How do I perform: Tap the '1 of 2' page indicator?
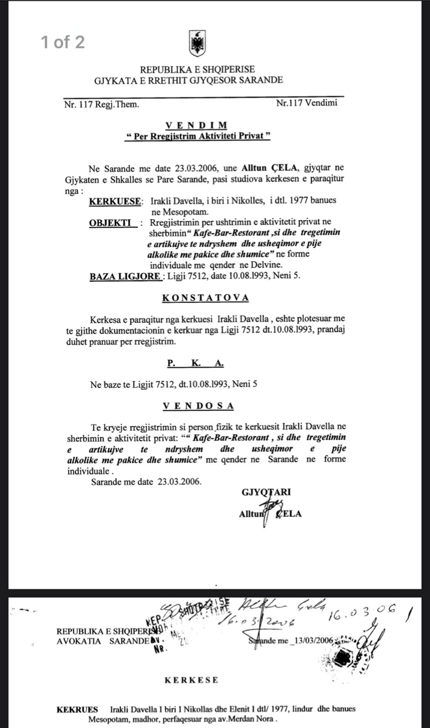pyautogui.click(x=63, y=42)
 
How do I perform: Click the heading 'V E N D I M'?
pyautogui.click(x=196, y=125)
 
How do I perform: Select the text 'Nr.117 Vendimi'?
pyautogui.click(x=307, y=103)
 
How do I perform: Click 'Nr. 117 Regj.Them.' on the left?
pyautogui.click(x=101, y=104)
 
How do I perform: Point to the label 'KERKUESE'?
pyautogui.click(x=115, y=201)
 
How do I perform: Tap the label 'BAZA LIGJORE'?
pyautogui.click(x=125, y=276)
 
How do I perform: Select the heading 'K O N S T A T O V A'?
pyautogui.click(x=206, y=298)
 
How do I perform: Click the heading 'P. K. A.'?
pyautogui.click(x=195, y=364)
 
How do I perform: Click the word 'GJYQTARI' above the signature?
pyautogui.click(x=267, y=492)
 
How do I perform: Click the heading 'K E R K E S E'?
pyautogui.click(x=191, y=680)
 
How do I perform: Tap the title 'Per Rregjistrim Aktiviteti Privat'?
pyautogui.click(x=197, y=136)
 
